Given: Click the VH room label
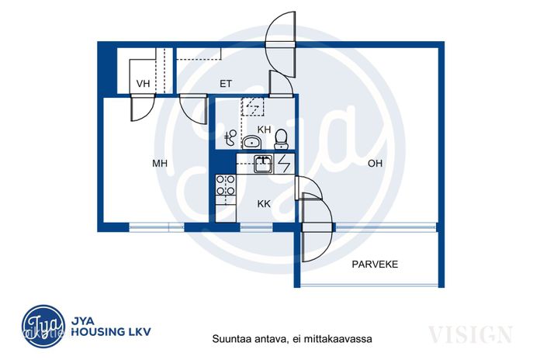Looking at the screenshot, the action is (143, 84).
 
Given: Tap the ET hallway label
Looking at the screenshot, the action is (226, 84).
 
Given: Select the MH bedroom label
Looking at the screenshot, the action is (160, 163).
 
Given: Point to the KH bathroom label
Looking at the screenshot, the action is (264, 130).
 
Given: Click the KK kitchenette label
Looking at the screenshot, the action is (264, 204).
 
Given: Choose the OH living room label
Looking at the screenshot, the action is (375, 163).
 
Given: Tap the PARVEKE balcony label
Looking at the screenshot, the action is (375, 265).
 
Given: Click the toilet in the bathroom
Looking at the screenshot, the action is (282, 139).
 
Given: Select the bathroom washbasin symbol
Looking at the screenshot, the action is (252, 143).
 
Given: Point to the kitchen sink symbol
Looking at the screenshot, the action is (263, 164).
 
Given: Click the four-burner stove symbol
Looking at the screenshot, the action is (226, 185).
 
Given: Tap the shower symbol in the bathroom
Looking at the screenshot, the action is (230, 138).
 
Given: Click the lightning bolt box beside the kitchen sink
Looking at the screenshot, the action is (285, 164).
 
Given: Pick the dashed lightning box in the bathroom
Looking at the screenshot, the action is (252, 106).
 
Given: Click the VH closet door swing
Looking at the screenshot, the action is (142, 108).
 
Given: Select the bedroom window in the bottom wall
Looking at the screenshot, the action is (157, 227).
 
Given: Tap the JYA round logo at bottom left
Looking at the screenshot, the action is (43, 326).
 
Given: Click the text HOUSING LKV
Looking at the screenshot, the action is (111, 332).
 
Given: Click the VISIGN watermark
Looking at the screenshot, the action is (470, 334).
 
